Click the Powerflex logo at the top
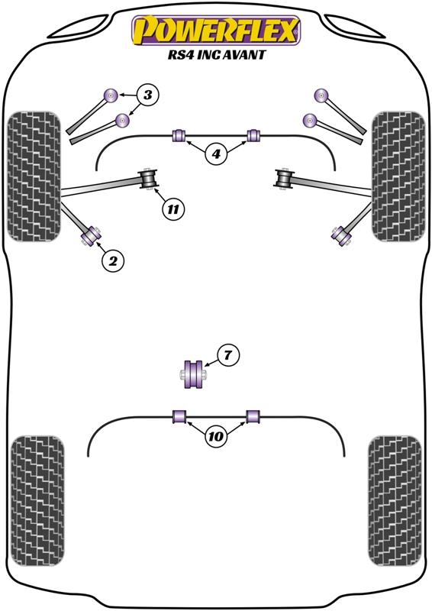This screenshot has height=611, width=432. point(216,30)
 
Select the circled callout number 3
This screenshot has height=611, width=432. point(147,95)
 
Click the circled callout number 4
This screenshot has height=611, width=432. point(216,154)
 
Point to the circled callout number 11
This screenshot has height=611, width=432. point(173,209)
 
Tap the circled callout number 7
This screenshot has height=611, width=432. point(228,355)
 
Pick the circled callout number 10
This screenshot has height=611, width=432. point(216,436)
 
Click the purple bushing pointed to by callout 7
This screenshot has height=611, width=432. point(194,374)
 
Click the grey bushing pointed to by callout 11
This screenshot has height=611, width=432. point(148,179)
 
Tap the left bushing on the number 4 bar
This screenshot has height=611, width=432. point(179,135)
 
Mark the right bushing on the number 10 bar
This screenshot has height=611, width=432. point(253,415)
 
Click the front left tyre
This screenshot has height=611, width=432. point(34,176)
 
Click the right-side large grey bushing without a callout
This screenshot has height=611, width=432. point(285,179)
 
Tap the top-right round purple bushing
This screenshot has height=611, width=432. point(321,95)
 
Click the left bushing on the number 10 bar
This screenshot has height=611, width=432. point(179,415)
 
